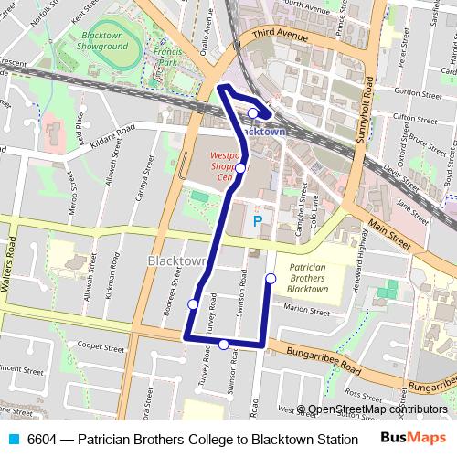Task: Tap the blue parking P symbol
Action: pyautogui.click(x=257, y=221)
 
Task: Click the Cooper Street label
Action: pyautogui.click(x=101, y=346)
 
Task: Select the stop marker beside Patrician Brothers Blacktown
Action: pyautogui.click(x=271, y=278)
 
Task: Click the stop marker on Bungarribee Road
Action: pyautogui.click(x=224, y=345)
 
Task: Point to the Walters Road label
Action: pyautogui.click(x=12, y=260)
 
